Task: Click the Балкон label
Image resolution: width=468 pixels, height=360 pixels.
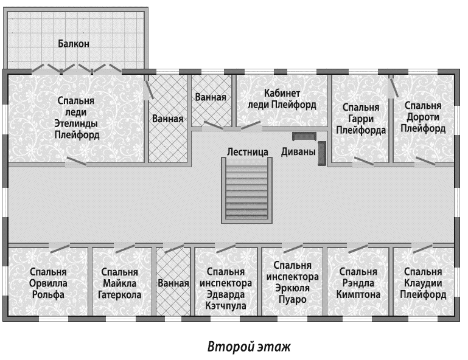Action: [74, 44]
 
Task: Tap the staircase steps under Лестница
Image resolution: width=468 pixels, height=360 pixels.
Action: [246, 191]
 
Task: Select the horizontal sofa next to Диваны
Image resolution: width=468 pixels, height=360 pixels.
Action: [304, 136]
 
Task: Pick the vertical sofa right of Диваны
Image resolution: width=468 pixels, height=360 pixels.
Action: [321, 153]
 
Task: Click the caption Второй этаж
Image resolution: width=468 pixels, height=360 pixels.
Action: [249, 347]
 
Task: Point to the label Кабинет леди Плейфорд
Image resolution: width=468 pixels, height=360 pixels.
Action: [282, 99]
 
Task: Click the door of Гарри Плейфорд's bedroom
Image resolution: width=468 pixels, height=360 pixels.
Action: [363, 161]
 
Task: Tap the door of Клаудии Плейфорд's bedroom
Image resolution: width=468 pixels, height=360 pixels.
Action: [422, 247]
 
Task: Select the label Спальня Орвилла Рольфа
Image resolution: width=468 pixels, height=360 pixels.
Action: [48, 283]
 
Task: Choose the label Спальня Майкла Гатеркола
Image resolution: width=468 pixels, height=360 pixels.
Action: [119, 283]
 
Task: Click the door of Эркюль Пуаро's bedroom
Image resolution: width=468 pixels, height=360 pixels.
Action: [293, 247]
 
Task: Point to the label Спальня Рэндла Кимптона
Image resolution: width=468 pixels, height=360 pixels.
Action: [358, 283]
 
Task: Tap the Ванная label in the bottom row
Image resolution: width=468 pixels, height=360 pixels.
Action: [173, 283]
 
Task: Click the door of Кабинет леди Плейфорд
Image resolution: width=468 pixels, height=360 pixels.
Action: [251, 126]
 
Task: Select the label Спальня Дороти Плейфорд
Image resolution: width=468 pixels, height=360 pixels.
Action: [423, 117]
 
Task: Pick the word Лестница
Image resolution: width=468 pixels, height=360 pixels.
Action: [248, 152]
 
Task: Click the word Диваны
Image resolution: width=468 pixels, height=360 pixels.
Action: [298, 152]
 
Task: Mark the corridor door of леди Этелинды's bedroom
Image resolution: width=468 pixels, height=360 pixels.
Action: [76, 162]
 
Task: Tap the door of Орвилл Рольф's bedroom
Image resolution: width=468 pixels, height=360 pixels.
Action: [60, 247]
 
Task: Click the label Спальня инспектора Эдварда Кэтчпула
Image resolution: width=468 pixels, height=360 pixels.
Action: [226, 289]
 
